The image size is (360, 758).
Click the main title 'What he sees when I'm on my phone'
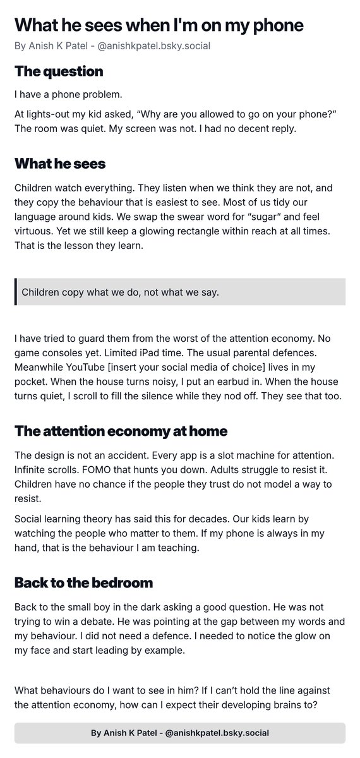point(159,25)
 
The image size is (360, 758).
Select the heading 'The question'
point(59,71)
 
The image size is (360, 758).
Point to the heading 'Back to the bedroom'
point(83,582)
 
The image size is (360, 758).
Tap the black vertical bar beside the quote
point(16,292)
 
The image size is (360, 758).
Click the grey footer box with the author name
point(180,733)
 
